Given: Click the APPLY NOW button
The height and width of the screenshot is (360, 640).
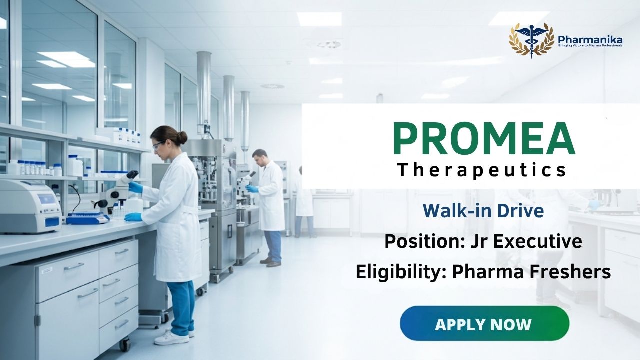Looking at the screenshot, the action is [x=485, y=323].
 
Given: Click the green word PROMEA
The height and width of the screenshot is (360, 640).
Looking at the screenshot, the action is [x=484, y=139].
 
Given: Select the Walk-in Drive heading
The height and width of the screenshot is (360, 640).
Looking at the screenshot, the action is [x=483, y=211].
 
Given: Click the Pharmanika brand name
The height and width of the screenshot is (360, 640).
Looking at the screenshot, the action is [x=590, y=39].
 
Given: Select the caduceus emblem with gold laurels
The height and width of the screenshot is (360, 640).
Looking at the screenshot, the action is [x=531, y=40].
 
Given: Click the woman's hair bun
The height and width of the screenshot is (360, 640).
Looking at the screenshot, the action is [x=182, y=137].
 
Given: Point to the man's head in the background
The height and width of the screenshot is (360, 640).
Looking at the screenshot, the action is [x=260, y=157].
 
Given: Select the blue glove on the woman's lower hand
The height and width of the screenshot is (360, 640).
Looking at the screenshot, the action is [x=133, y=217].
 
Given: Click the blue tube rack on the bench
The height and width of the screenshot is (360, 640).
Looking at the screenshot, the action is [x=87, y=218].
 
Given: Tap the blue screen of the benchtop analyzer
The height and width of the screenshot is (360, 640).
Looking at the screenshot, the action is [x=46, y=199].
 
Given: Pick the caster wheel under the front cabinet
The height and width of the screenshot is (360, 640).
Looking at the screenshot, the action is [x=125, y=345].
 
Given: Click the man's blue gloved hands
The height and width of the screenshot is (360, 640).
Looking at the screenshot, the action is [x=252, y=188].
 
